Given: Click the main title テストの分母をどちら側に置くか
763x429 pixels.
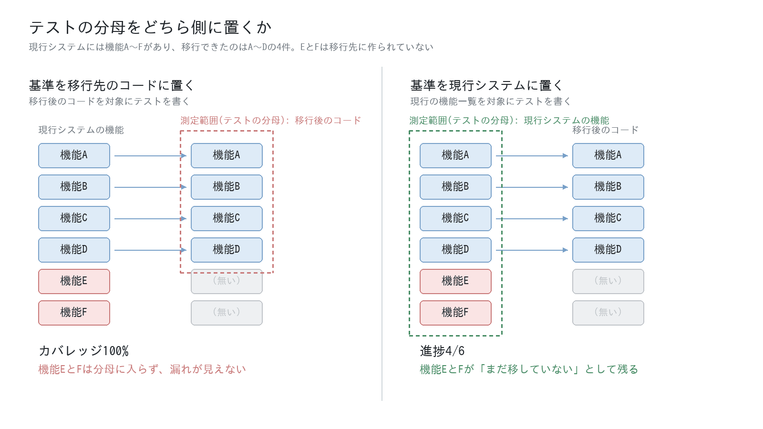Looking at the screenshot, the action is click(150, 27).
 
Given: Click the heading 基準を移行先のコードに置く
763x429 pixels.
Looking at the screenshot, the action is click(112, 85).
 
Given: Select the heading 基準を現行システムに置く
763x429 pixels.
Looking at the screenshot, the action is click(486, 85).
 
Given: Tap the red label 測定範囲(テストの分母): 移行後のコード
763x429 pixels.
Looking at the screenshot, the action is click(270, 121).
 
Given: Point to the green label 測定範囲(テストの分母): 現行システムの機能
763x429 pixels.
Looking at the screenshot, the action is click(509, 121).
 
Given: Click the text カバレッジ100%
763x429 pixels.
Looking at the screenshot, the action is click(84, 351).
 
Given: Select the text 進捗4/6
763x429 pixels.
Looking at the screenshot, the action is click(442, 351).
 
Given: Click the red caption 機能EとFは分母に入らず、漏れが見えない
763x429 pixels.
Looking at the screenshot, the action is click(142, 369).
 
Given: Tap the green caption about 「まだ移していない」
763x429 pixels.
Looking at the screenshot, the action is click(529, 369).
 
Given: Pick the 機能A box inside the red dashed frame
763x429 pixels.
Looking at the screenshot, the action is click(227, 155).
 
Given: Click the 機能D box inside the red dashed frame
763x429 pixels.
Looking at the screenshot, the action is click(227, 250).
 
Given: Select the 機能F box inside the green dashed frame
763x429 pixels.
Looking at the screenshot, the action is click(455, 313).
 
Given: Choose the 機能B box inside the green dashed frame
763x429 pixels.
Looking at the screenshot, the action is click(455, 187).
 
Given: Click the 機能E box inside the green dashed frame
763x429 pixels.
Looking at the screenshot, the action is click(455, 281).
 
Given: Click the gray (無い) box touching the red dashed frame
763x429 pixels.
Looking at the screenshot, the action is click(227, 281).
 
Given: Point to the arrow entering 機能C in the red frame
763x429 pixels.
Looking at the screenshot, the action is click(151, 219).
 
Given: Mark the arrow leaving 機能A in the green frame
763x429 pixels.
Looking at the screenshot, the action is click(532, 155).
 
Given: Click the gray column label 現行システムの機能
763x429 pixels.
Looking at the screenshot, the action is click(81, 130).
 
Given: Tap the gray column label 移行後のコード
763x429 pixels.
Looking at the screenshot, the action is click(605, 130).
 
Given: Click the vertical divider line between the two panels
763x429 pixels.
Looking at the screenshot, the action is click(382, 234).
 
